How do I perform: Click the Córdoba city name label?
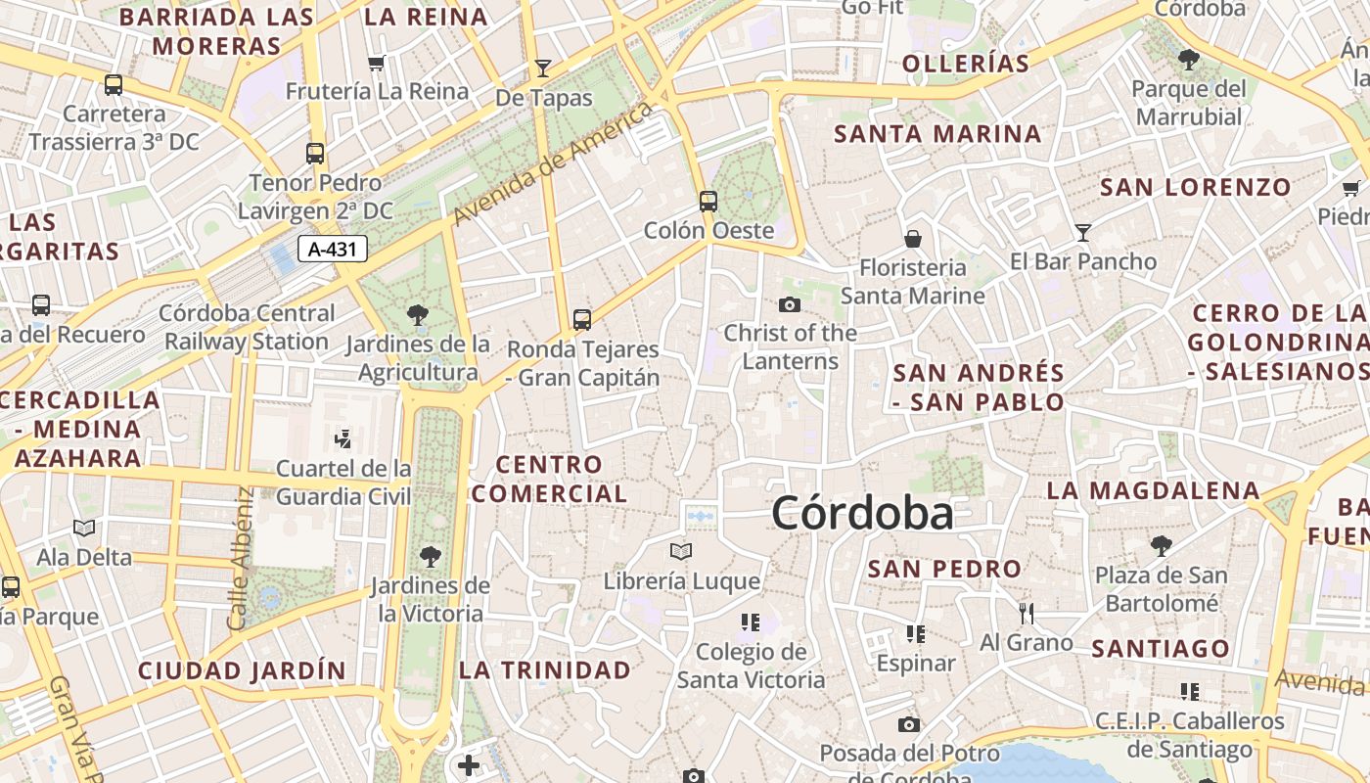click(862, 514)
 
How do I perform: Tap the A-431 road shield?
click(332, 249)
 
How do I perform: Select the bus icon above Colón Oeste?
click(708, 202)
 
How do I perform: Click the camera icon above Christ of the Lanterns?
click(790, 304)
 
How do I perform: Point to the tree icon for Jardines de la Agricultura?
click(418, 315)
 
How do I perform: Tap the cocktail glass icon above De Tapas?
click(543, 68)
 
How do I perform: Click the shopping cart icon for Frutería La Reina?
click(376, 64)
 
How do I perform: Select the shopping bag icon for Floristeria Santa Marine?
click(913, 239)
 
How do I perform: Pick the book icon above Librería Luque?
click(681, 552)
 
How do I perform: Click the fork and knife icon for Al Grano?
click(1027, 614)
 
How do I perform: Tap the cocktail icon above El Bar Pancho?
click(1083, 232)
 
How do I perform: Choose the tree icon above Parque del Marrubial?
click(1189, 60)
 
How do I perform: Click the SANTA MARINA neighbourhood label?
click(937, 134)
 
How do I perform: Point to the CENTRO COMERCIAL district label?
click(549, 479)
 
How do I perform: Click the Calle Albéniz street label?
click(239, 558)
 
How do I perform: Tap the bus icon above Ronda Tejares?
click(582, 319)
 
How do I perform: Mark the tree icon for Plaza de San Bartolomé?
click(1162, 545)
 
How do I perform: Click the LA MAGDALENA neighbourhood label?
click(1154, 490)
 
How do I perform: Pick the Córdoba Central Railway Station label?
click(247, 327)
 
